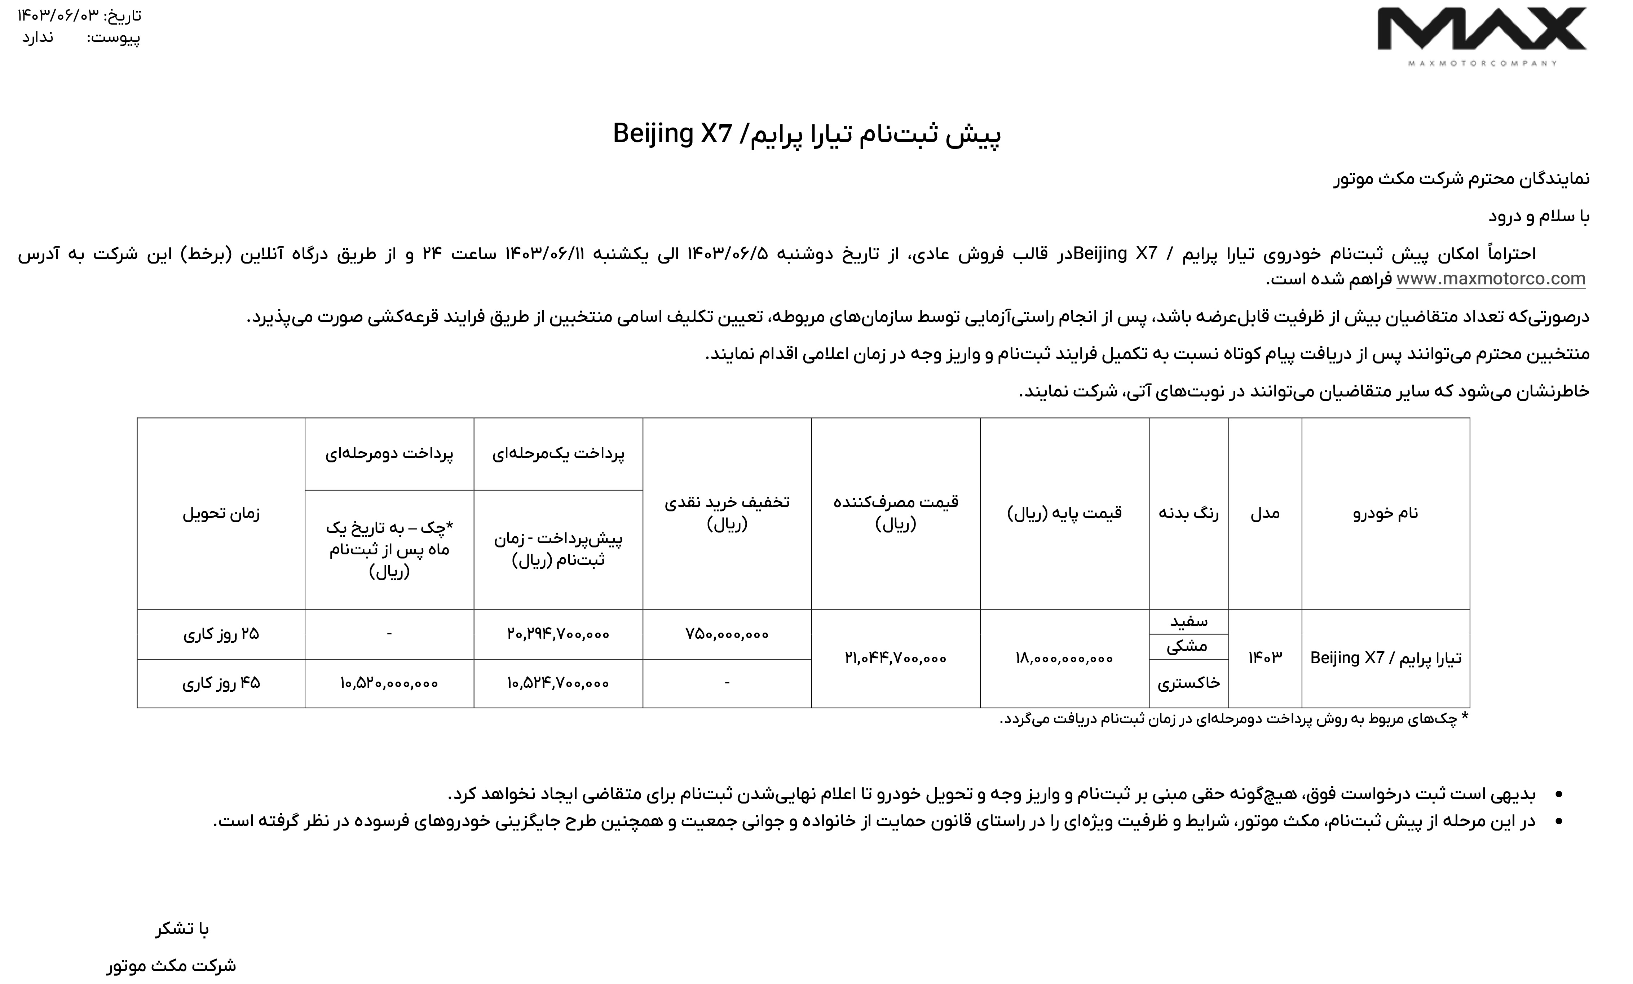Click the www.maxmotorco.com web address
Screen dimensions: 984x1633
[x=1491, y=279]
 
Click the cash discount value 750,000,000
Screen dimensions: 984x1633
[x=727, y=634]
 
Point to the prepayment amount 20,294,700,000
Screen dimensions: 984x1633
[x=558, y=634]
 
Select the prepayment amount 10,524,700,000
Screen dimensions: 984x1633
[x=558, y=683]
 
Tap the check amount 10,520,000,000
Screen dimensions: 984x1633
[x=389, y=683]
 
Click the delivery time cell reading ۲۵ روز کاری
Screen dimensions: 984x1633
[x=221, y=634]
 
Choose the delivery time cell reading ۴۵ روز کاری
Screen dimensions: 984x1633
[x=221, y=683]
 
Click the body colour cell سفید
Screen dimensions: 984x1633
[x=1188, y=621]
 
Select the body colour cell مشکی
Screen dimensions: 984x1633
[x=1188, y=646]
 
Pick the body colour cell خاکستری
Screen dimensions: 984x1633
[x=1188, y=683]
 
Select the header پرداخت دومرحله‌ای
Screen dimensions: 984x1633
[x=389, y=454]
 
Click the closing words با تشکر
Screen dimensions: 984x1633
[x=182, y=929]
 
